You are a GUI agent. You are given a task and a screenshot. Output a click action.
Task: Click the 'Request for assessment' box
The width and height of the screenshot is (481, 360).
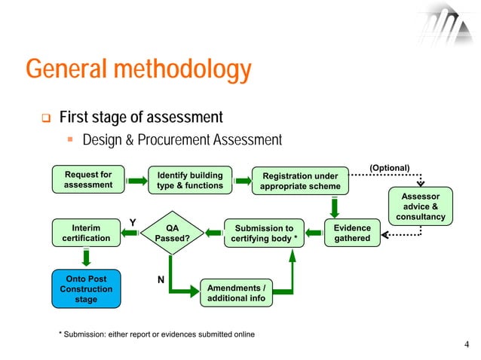pos(88,179)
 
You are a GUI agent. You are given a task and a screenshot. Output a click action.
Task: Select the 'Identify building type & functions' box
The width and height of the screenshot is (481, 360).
pos(189,180)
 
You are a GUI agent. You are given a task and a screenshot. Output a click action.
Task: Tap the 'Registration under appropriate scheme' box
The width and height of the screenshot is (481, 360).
pos(299,182)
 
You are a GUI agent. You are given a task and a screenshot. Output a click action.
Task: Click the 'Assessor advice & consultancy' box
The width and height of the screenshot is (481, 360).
pos(420,206)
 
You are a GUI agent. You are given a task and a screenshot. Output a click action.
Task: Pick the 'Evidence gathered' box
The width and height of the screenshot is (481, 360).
pos(352,233)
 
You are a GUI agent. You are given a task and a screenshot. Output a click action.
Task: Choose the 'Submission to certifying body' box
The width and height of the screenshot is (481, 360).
pos(264,233)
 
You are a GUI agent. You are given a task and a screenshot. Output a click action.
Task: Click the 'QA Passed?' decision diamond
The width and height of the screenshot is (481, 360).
pos(172,233)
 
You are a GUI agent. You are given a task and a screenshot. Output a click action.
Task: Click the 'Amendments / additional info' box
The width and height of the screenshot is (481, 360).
pos(237,294)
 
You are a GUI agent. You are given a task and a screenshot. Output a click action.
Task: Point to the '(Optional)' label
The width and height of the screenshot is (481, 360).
pos(389,167)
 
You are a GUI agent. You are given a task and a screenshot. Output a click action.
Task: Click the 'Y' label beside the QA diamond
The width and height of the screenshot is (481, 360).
pos(133,222)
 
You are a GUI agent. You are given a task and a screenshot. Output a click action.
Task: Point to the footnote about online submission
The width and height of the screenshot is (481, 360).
pos(157,334)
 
